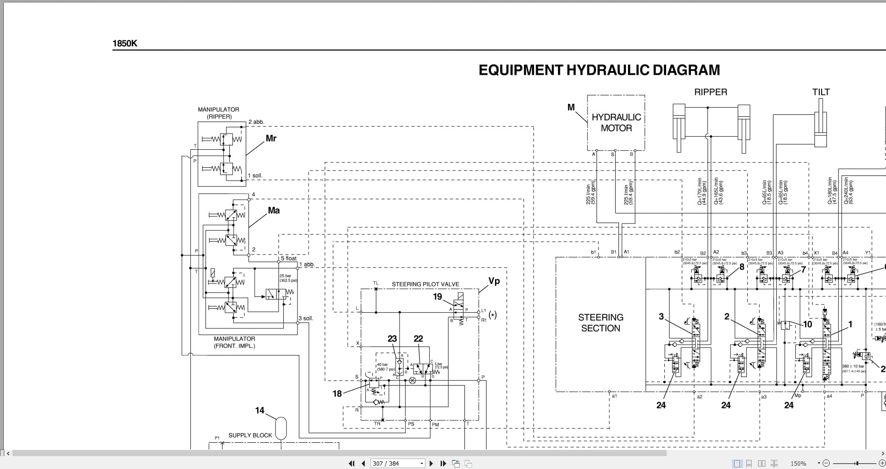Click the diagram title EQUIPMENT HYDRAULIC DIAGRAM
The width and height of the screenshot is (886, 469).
pos(599,70)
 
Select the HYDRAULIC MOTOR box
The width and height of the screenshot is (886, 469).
pos(616,122)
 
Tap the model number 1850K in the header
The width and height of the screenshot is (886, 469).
pos(124,43)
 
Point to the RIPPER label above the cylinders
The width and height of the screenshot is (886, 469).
pos(711,92)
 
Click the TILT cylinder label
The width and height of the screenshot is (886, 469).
pos(821,92)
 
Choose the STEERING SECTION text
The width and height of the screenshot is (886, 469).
pos(600,323)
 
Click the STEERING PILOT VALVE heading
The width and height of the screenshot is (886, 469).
pos(425,284)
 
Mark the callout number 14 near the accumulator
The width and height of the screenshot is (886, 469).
pos(259,410)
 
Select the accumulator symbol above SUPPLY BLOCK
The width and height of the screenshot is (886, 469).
pos(281,428)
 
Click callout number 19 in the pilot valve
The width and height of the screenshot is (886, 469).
pos(437,296)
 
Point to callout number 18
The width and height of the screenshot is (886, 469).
pos(337,394)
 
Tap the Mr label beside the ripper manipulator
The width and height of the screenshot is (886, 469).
pos(271,138)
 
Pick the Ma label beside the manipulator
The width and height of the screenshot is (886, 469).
pos(274,210)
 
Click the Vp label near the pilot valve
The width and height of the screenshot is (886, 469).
pos(494,281)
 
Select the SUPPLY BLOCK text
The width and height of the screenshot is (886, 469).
pos(250,435)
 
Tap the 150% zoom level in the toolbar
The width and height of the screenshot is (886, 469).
pos(798,463)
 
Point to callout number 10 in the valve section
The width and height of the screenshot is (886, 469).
pos(807,325)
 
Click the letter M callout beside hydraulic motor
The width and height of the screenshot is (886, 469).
pos(571,108)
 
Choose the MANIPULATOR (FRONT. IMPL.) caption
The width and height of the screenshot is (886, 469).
pos(234,342)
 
